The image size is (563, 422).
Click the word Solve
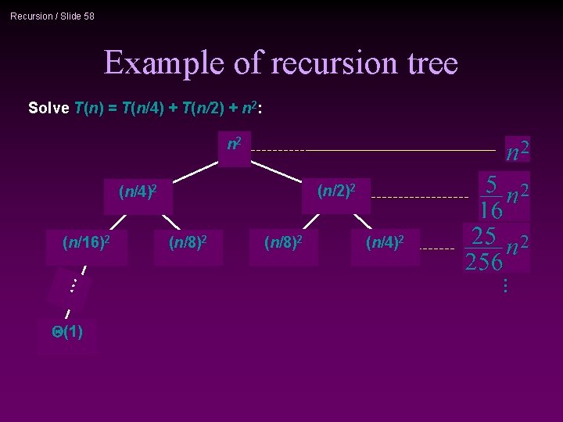click(48, 108)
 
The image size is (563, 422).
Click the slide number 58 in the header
click(88, 16)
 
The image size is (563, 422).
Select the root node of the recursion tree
click(234, 145)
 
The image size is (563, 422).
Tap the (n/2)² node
click(336, 190)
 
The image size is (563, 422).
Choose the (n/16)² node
click(86, 243)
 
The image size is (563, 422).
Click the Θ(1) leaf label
click(67, 332)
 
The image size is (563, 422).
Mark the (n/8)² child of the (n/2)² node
click(284, 243)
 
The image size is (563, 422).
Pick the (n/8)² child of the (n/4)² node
click(188, 243)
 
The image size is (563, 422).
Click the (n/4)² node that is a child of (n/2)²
click(385, 243)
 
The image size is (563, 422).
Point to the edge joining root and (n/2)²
click(277, 171)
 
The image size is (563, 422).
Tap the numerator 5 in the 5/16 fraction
click(490, 184)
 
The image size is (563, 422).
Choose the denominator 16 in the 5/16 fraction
click(490, 210)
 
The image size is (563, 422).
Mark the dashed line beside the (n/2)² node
click(418, 198)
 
